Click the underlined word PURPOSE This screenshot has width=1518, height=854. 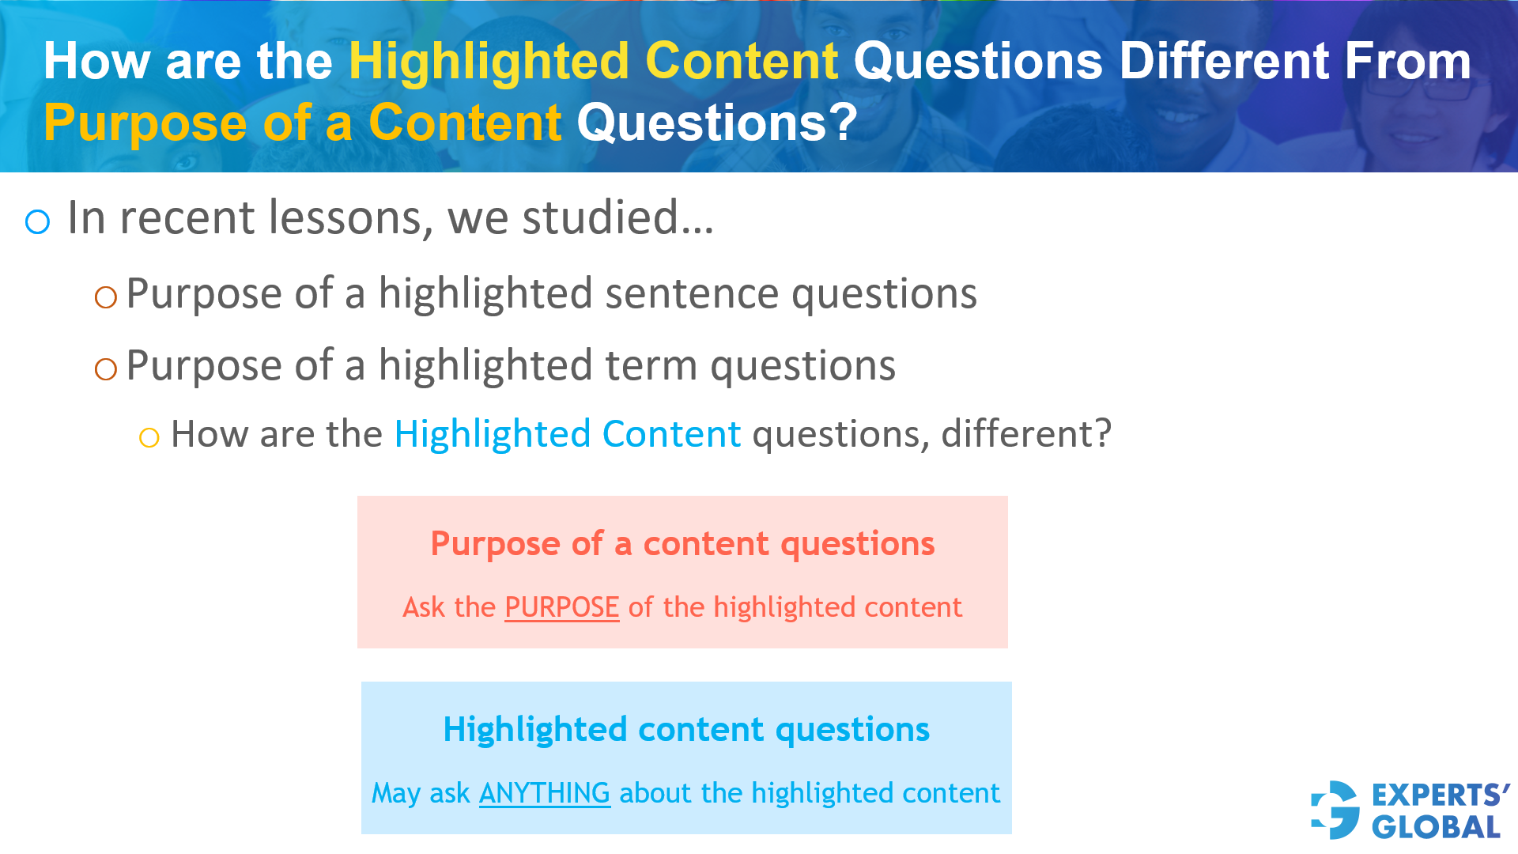561,607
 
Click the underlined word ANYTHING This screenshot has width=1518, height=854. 544,793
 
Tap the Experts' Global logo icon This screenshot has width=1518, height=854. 1335,811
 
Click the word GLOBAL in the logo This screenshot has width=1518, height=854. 1436,828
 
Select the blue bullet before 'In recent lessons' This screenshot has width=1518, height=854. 37,222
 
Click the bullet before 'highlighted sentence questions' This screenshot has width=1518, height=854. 105,297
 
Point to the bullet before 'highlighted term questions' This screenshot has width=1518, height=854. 105,368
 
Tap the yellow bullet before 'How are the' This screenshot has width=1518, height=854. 149,437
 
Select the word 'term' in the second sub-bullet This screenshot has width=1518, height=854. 651,366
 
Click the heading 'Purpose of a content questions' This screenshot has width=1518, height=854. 682,544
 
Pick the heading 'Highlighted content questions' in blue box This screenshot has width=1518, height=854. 685,729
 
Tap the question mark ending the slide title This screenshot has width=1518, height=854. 844,123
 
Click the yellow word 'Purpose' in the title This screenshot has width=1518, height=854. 145,123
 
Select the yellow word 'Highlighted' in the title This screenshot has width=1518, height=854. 489,62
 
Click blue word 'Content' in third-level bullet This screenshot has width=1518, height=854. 670,434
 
